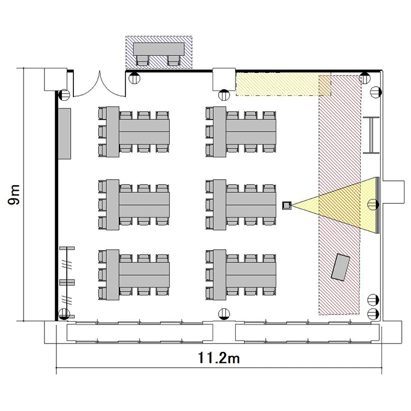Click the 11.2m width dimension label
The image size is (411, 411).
tap(219, 358)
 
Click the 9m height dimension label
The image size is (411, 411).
tap(14, 195)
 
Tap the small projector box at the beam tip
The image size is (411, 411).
tap(287, 206)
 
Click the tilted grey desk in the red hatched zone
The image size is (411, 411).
tap(340, 267)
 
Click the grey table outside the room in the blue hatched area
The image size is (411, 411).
tap(159, 49)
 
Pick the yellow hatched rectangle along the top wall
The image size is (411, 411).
tap(283, 84)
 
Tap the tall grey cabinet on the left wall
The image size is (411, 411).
tap(64, 133)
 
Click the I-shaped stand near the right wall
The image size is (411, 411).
tap(372, 135)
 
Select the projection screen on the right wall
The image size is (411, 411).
tap(378, 205)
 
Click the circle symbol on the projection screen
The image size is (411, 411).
tap(373, 204)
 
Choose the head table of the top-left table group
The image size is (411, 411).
tap(113, 132)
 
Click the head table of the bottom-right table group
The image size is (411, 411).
tap(220, 275)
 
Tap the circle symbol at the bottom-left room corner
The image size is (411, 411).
tap(64, 314)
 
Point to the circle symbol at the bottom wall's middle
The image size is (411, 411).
tap(224, 314)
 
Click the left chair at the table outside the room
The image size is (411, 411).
tap(142, 60)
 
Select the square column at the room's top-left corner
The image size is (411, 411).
tap(56, 79)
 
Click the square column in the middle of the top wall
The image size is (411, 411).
tap(224, 79)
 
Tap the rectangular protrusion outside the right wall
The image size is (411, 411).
tap(393, 192)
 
